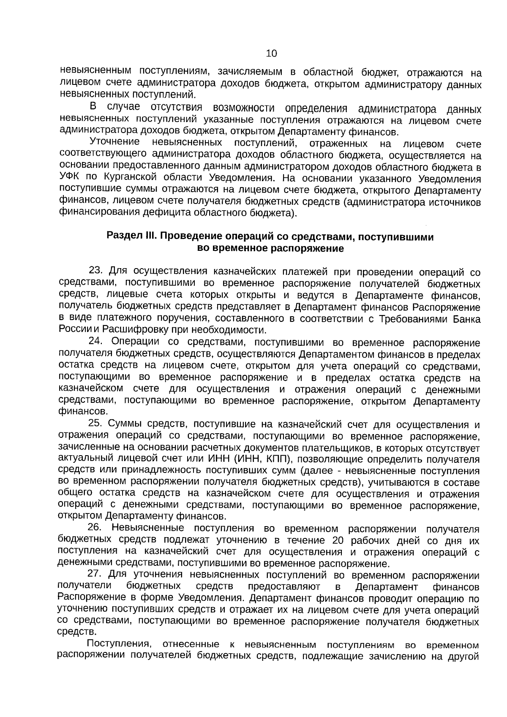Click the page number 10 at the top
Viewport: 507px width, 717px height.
click(271, 54)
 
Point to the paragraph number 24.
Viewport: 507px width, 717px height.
click(96, 341)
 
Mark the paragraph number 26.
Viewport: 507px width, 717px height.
click(95, 528)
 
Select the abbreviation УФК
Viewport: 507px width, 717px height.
click(69, 178)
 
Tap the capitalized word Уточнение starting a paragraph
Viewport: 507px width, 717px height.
click(115, 142)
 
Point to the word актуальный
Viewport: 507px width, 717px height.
click(83, 459)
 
